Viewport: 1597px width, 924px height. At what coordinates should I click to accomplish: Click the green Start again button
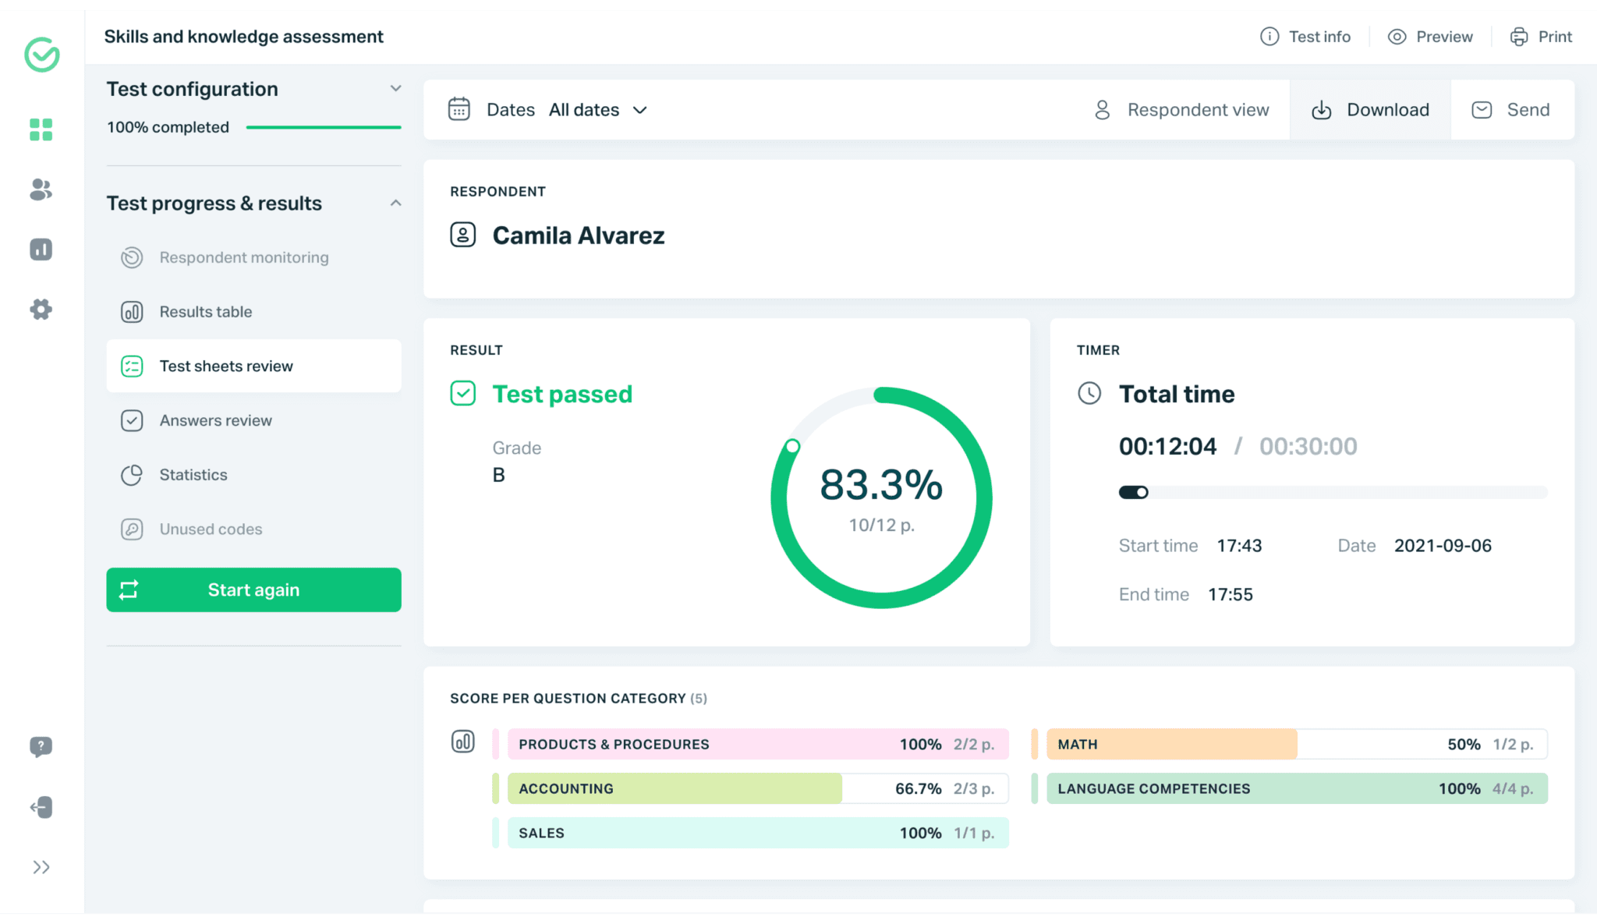click(253, 590)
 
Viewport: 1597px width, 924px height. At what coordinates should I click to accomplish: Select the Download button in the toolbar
click(1370, 110)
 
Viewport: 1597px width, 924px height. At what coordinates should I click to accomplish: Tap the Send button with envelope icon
click(1511, 110)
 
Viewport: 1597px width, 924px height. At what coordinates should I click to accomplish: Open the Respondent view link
click(1182, 110)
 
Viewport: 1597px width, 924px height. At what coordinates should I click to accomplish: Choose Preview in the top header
click(1430, 37)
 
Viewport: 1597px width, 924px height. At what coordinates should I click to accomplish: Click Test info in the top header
click(1305, 37)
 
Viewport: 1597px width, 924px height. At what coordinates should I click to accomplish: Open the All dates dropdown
click(598, 110)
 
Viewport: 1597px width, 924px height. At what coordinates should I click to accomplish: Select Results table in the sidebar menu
click(206, 312)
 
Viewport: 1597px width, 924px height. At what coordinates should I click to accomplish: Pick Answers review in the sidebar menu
click(215, 420)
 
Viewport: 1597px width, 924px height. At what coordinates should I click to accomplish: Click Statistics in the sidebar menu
click(193, 475)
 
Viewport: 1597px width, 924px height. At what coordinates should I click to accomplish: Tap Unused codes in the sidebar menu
click(211, 529)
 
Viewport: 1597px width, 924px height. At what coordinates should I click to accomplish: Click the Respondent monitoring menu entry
click(243, 257)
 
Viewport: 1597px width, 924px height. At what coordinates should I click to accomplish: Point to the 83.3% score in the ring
click(881, 485)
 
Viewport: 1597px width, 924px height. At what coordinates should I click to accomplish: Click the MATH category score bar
click(1296, 745)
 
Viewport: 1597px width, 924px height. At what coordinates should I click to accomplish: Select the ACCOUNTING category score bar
click(757, 789)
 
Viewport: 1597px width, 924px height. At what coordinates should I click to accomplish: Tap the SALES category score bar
click(757, 833)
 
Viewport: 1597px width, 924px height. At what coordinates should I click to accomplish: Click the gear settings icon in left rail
click(41, 310)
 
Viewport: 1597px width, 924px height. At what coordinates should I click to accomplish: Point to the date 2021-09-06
click(1443, 546)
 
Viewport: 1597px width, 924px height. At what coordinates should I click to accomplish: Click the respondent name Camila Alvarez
click(578, 235)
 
